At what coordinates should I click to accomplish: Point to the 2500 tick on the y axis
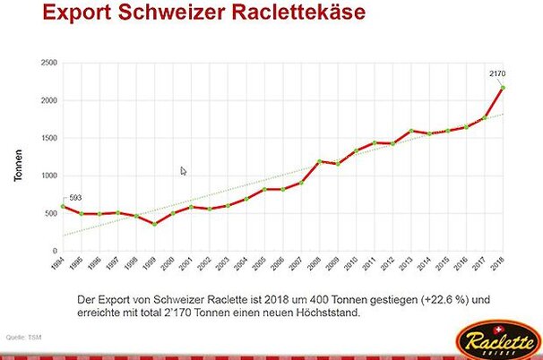pyautogui.click(x=48, y=63)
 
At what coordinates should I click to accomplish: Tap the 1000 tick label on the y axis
pyautogui.click(x=48, y=176)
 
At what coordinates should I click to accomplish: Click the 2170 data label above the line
pyautogui.click(x=499, y=72)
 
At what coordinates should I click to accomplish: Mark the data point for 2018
pyautogui.click(x=504, y=88)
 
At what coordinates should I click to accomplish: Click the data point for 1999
pyautogui.click(x=154, y=224)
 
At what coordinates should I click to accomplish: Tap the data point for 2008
pyautogui.click(x=319, y=162)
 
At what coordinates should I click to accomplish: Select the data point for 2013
pyautogui.click(x=411, y=131)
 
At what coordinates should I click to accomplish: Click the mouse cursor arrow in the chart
pyautogui.click(x=183, y=171)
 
